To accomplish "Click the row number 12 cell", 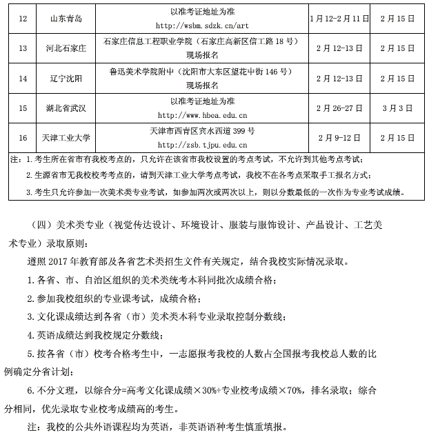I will click(22, 17).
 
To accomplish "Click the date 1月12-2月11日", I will click(335, 17).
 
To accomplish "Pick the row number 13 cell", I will click(22, 48).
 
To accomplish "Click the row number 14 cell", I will click(22, 78).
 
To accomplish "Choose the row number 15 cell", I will click(22, 108).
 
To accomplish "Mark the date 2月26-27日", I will click(335, 108).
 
